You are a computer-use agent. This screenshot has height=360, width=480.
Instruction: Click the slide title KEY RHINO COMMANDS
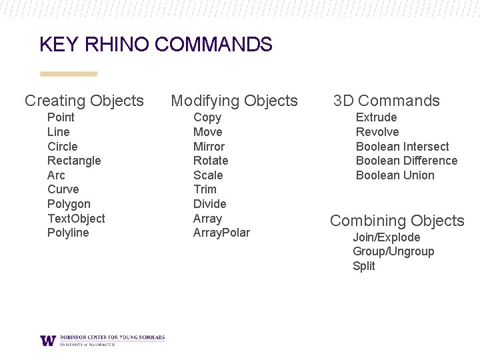tap(156, 45)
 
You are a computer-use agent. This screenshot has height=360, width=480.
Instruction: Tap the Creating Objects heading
tap(84, 101)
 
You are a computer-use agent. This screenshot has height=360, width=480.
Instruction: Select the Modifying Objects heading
tap(234, 101)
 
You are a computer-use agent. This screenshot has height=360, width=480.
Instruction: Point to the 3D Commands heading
tap(387, 101)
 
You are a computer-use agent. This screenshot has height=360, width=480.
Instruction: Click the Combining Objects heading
tap(397, 221)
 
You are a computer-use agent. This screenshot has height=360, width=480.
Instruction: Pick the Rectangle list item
tap(74, 161)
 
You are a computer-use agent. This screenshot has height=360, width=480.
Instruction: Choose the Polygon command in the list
tap(69, 204)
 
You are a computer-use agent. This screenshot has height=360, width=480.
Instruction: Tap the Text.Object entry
tap(76, 219)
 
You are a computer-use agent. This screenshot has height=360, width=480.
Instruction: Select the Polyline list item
tap(68, 233)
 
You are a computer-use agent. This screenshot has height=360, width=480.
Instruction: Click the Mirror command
tap(209, 147)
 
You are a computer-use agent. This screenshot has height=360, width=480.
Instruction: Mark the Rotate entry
tap(211, 161)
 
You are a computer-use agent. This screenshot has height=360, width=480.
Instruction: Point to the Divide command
tap(209, 204)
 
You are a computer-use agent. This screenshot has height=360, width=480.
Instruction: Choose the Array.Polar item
tap(221, 233)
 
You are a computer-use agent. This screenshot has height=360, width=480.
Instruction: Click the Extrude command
tap(376, 117)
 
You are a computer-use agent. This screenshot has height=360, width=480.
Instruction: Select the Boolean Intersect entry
tap(402, 147)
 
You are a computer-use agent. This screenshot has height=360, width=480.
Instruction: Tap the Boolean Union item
tap(395, 175)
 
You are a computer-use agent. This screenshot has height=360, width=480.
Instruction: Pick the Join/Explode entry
tap(386, 237)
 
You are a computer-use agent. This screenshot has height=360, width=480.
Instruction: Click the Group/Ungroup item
tap(393, 251)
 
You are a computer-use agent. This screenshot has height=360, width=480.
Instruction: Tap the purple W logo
tap(48, 340)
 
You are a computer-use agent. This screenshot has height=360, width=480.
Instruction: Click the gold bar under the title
tap(69, 74)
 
